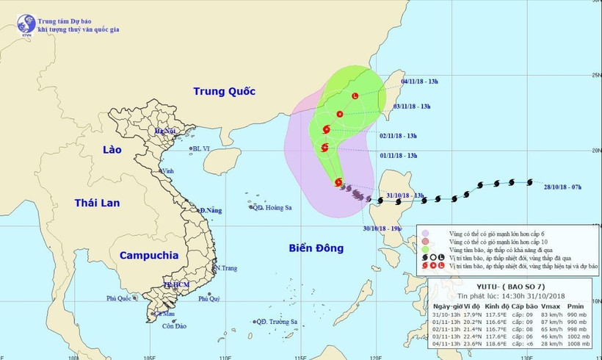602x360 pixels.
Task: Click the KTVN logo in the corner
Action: [26, 24]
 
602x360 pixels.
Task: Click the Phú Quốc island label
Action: [121, 298]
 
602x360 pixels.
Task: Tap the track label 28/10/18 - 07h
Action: [557, 187]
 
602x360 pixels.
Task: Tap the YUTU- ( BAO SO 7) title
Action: [509, 287]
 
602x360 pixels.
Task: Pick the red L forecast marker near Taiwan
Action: [355, 96]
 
